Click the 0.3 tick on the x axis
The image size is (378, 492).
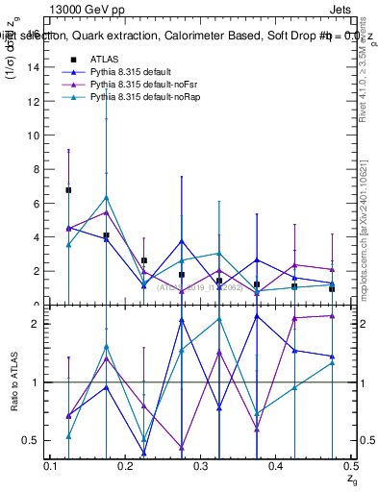201,466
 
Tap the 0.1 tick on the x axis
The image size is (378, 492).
52,466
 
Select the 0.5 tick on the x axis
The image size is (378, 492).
350,466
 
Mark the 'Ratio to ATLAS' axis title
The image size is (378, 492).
13,381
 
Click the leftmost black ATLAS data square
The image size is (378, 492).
68,190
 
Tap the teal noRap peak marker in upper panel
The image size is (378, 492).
106,198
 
